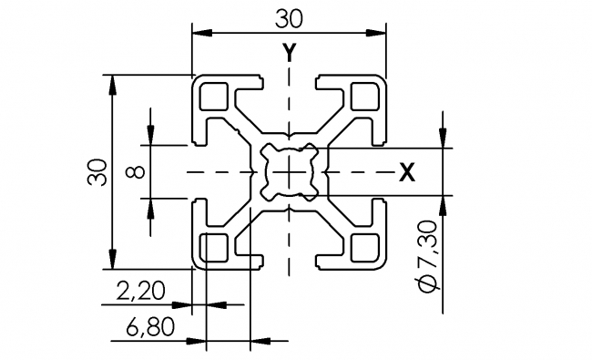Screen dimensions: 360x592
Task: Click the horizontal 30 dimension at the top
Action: point(287,17)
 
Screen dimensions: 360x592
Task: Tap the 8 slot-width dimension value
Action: point(134,171)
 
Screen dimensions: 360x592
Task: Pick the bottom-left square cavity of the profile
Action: point(214,246)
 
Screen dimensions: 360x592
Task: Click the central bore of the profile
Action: point(289,171)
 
